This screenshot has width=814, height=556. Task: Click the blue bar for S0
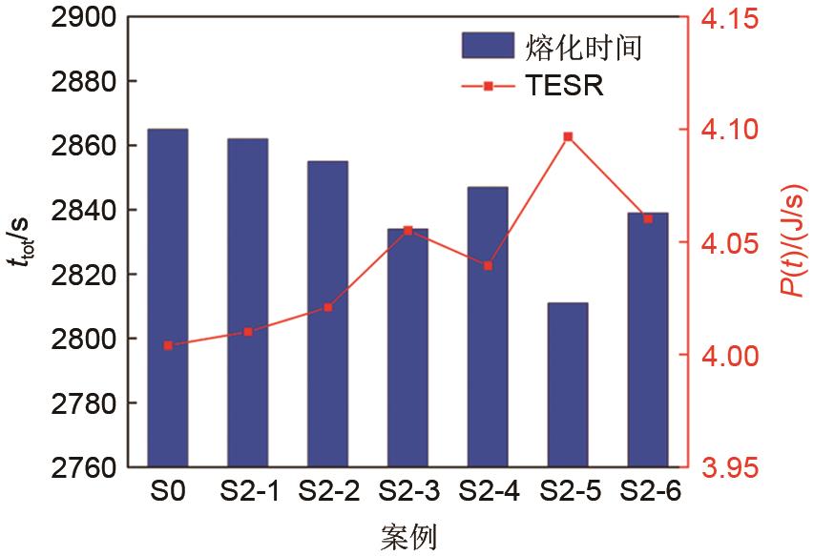pyautogui.click(x=168, y=298)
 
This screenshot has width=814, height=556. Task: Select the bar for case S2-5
pyautogui.click(x=568, y=385)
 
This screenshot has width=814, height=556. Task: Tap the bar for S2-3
pyautogui.click(x=407, y=348)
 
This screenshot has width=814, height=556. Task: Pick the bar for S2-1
pyautogui.click(x=248, y=302)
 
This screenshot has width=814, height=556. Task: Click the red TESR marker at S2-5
pyautogui.click(x=568, y=136)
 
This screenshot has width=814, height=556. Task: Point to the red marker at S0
pyautogui.click(x=168, y=345)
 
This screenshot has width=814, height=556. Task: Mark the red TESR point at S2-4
pyautogui.click(x=488, y=265)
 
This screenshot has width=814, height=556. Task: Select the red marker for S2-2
pyautogui.click(x=328, y=307)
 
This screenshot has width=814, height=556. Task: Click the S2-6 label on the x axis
pyautogui.click(x=648, y=493)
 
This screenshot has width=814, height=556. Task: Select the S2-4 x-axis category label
pyautogui.click(x=488, y=493)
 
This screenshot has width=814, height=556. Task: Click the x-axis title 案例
pyautogui.click(x=407, y=535)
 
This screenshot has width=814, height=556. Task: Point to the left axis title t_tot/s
pyautogui.click(x=21, y=243)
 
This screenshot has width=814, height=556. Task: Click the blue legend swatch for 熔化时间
pyautogui.click(x=488, y=45)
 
